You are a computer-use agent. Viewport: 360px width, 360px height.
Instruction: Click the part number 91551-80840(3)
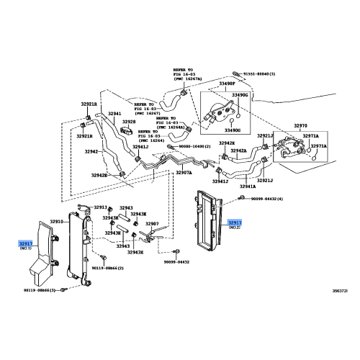click(x=266, y=74)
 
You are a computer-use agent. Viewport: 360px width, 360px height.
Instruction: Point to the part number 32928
click(x=128, y=122)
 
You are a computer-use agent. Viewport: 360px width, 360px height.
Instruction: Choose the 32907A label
click(x=184, y=172)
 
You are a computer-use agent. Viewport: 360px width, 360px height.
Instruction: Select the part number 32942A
click(x=238, y=151)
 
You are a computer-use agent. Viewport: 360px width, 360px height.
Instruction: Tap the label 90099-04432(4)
click(x=266, y=198)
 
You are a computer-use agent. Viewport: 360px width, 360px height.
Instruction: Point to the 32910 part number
click(x=56, y=222)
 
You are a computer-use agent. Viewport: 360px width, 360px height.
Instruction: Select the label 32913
click(x=99, y=207)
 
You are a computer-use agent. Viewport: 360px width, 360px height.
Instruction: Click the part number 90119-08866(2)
click(x=107, y=267)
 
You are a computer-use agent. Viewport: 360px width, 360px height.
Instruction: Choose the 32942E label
click(x=99, y=175)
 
